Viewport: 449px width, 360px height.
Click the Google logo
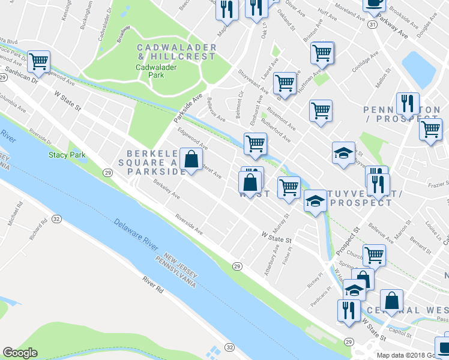point(20,353)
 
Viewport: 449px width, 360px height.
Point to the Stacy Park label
point(67,155)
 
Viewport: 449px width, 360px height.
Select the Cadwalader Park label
point(156,72)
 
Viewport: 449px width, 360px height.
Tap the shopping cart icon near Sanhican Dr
point(38,61)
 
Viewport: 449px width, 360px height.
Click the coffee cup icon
point(375,4)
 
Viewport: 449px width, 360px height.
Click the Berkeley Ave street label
point(166,188)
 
